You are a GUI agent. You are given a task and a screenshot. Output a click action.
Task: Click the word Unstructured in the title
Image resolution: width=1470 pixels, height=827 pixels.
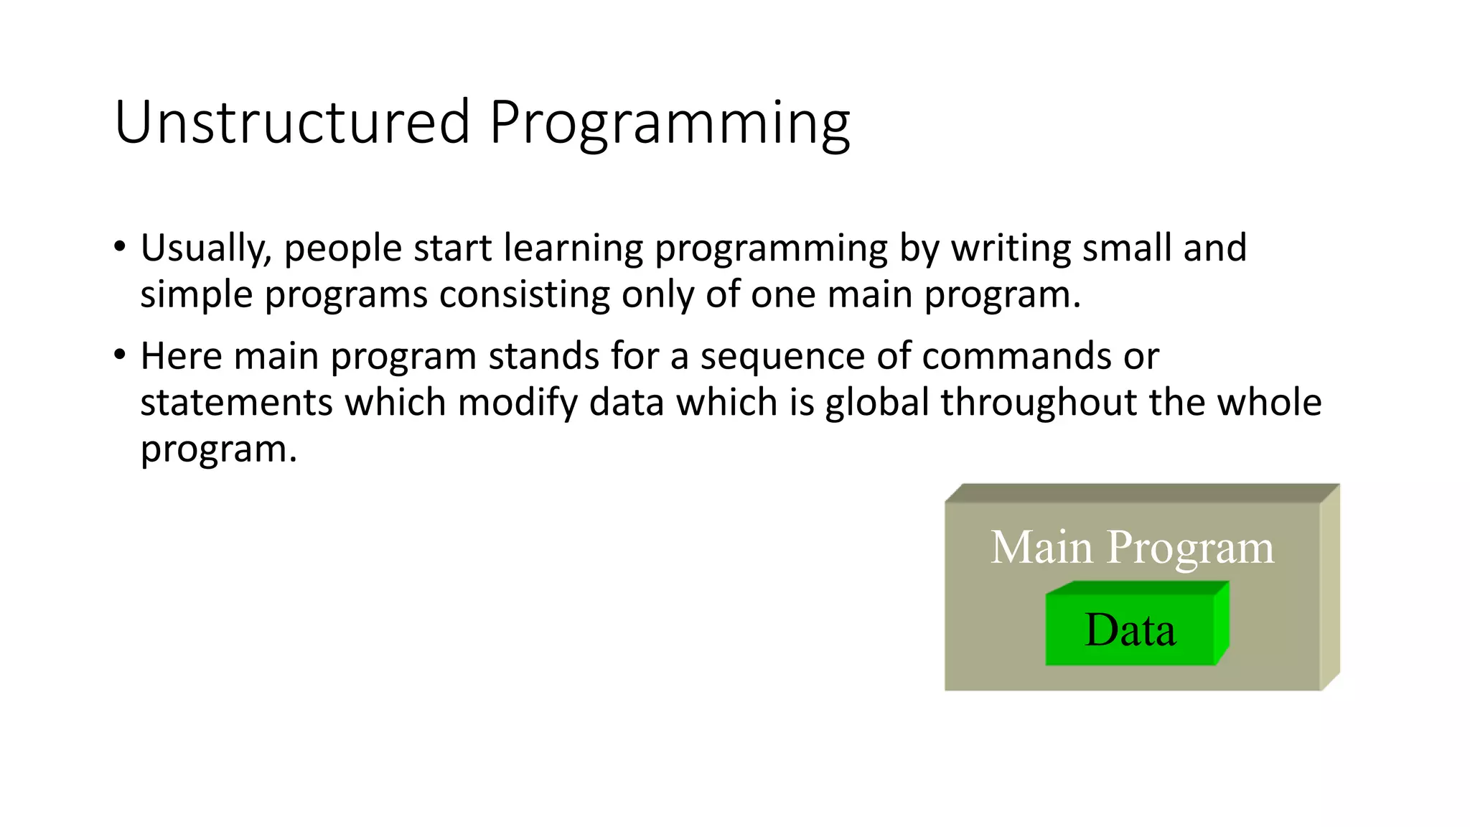point(291,122)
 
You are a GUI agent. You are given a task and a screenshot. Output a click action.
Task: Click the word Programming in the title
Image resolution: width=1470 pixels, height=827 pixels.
point(669,123)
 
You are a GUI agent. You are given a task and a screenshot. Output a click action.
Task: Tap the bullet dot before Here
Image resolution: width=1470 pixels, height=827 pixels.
point(120,355)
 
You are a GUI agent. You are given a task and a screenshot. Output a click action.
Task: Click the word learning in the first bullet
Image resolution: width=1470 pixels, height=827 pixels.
point(573,249)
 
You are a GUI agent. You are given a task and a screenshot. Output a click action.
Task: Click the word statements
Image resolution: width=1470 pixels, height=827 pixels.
point(236,403)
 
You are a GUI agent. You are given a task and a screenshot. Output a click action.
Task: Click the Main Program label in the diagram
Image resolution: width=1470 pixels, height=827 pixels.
point(1132,548)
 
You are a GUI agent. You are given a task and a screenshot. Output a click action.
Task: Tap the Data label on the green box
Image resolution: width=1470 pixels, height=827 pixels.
point(1130,630)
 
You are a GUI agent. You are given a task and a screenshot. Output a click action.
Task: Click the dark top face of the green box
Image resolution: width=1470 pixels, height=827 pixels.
point(1138,588)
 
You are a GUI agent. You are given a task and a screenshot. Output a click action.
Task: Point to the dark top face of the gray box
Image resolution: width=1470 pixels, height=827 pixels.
point(1141,493)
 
